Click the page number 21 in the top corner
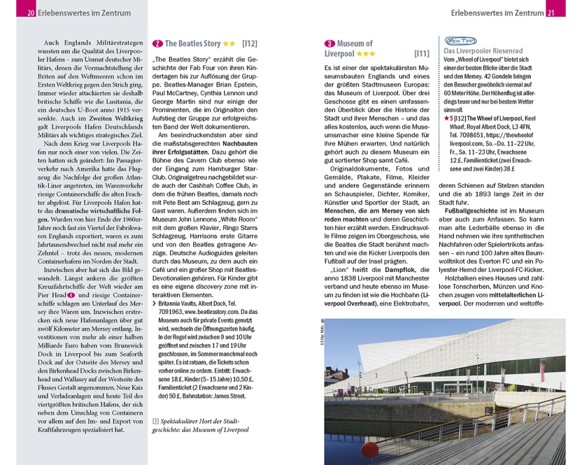pos(552,13)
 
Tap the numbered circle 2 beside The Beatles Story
pos(157,44)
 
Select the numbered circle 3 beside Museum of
pos(329,44)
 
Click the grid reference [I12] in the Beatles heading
pos(250,44)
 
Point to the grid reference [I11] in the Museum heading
pos(422,54)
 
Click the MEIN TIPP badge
pos(460,41)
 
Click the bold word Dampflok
pos(396,270)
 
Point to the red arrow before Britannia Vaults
pos(154,303)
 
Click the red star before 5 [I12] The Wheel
pos(446,119)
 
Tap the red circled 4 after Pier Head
pos(71,295)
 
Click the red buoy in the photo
pos(370,450)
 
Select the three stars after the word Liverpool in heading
pos(366,54)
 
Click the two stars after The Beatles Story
pos(229,44)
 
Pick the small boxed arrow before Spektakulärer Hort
pos(155,421)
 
